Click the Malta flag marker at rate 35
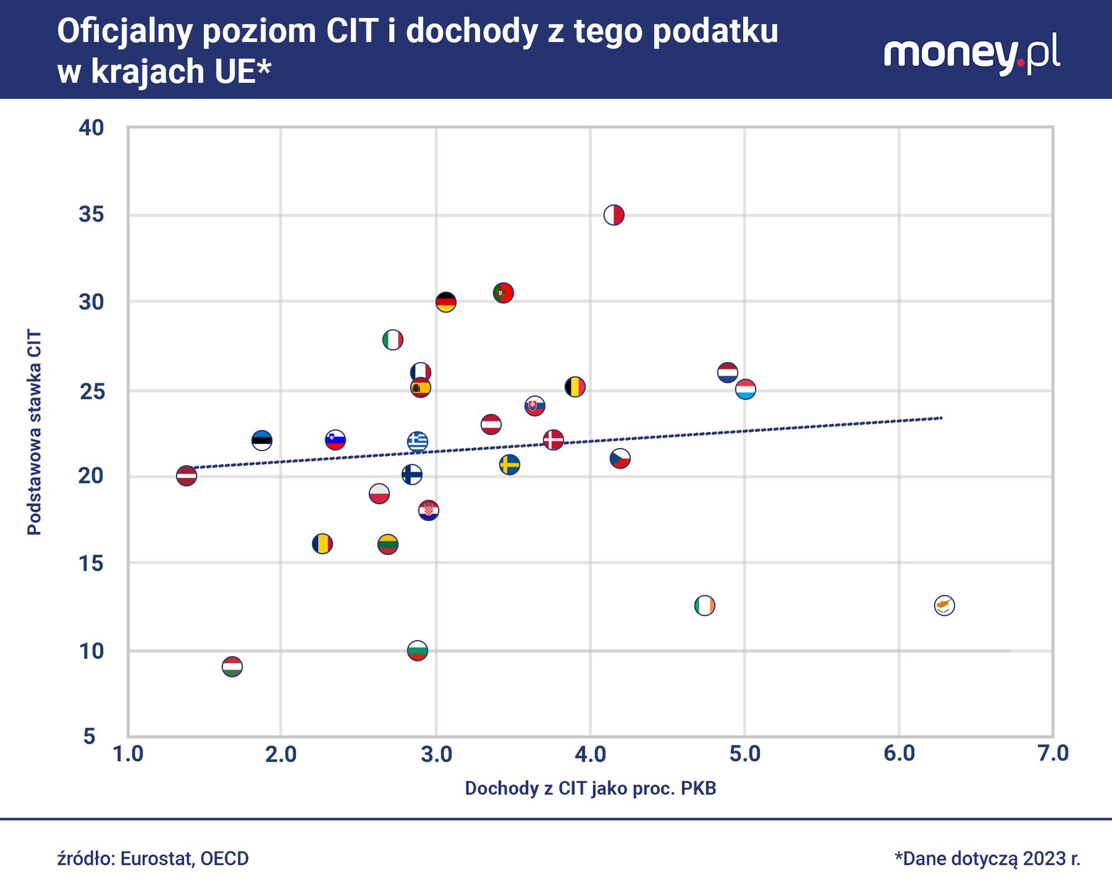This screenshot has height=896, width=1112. pos(614,215)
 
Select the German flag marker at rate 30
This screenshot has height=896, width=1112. pos(446,302)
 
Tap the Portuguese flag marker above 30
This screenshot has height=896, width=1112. pos(503,292)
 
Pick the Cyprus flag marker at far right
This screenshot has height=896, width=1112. pos(944,605)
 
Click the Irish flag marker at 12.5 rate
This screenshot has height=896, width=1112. pos(704,605)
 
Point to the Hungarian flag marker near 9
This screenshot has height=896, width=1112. pos(232,667)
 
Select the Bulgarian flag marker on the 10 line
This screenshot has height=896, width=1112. pos(417,651)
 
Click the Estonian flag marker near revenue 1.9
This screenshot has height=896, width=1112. pos(262,441)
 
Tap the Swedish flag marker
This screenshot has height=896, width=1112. pos(509,465)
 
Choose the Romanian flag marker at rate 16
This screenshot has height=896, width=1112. pos(322,544)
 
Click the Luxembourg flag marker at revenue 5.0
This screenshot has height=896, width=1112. pos(746,390)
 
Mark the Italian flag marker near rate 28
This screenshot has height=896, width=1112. pos(392,340)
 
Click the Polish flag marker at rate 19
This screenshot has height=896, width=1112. pos(379,494)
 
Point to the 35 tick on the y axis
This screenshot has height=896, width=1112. pos(91,215)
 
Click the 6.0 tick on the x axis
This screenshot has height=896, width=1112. pos(899,754)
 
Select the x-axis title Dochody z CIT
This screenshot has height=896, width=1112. pos(590,788)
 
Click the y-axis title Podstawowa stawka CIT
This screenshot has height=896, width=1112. pos(35,432)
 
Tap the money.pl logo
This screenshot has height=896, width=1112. pos(972,54)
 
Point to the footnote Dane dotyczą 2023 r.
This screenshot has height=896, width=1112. pos(987,859)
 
